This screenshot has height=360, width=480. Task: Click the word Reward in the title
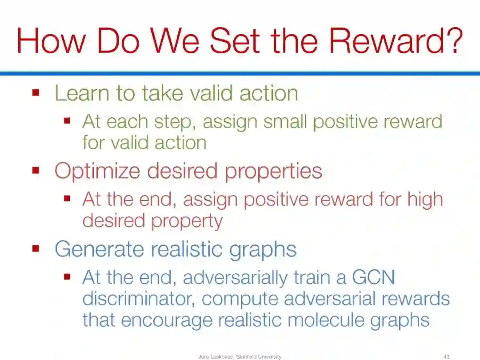386,41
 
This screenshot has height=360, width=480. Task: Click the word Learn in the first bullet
82,93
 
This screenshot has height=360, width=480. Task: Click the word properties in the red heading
273,171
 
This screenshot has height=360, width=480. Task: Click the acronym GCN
373,277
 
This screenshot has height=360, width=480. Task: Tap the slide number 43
446,356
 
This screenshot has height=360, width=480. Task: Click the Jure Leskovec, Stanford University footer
240,356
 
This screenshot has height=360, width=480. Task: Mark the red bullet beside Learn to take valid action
36,92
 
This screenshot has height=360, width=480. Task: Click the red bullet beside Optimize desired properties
36,170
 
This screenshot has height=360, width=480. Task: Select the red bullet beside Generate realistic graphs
36,248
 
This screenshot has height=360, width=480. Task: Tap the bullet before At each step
67,120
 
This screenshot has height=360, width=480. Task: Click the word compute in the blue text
240,300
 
